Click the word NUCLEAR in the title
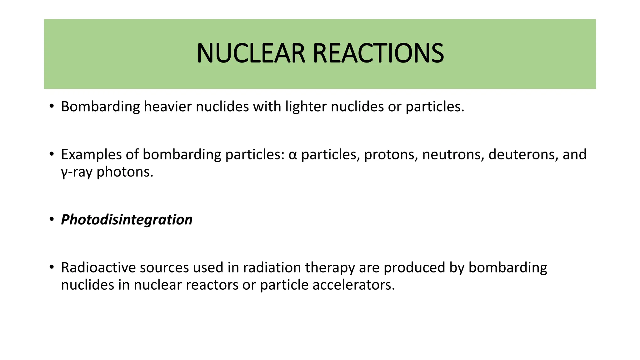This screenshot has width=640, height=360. [251, 53]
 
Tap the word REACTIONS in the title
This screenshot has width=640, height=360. [378, 53]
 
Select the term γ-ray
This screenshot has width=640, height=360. [77, 172]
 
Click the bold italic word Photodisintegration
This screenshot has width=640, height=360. [127, 220]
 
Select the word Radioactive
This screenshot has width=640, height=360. [98, 267]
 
